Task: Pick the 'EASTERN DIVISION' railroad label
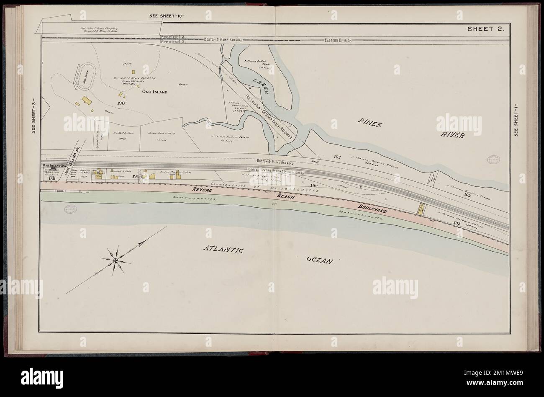pos(338,41)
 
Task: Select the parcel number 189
pos(52,178)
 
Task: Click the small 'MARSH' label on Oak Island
pos(182,84)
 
